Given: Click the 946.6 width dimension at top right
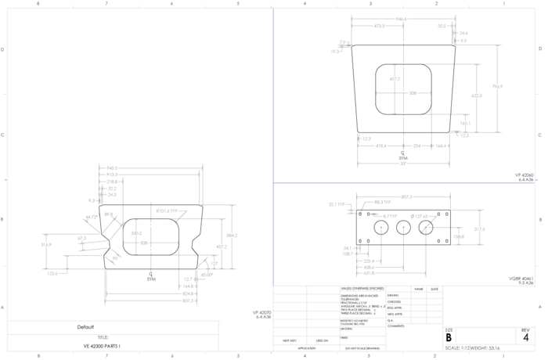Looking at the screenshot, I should pyautogui.click(x=402, y=19).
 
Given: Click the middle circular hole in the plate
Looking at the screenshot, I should pyautogui.click(x=403, y=227).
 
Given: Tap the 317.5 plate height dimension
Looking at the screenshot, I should pyautogui.click(x=478, y=229).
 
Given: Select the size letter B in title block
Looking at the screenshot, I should pyautogui.click(x=449, y=338).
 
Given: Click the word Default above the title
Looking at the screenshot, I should pyautogui.click(x=85, y=326).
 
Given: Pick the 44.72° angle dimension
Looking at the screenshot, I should pyautogui.click(x=92, y=217).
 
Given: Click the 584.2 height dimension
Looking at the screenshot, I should pyautogui.click(x=231, y=235).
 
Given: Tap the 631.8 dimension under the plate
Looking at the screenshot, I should pyautogui.click(x=368, y=273).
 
